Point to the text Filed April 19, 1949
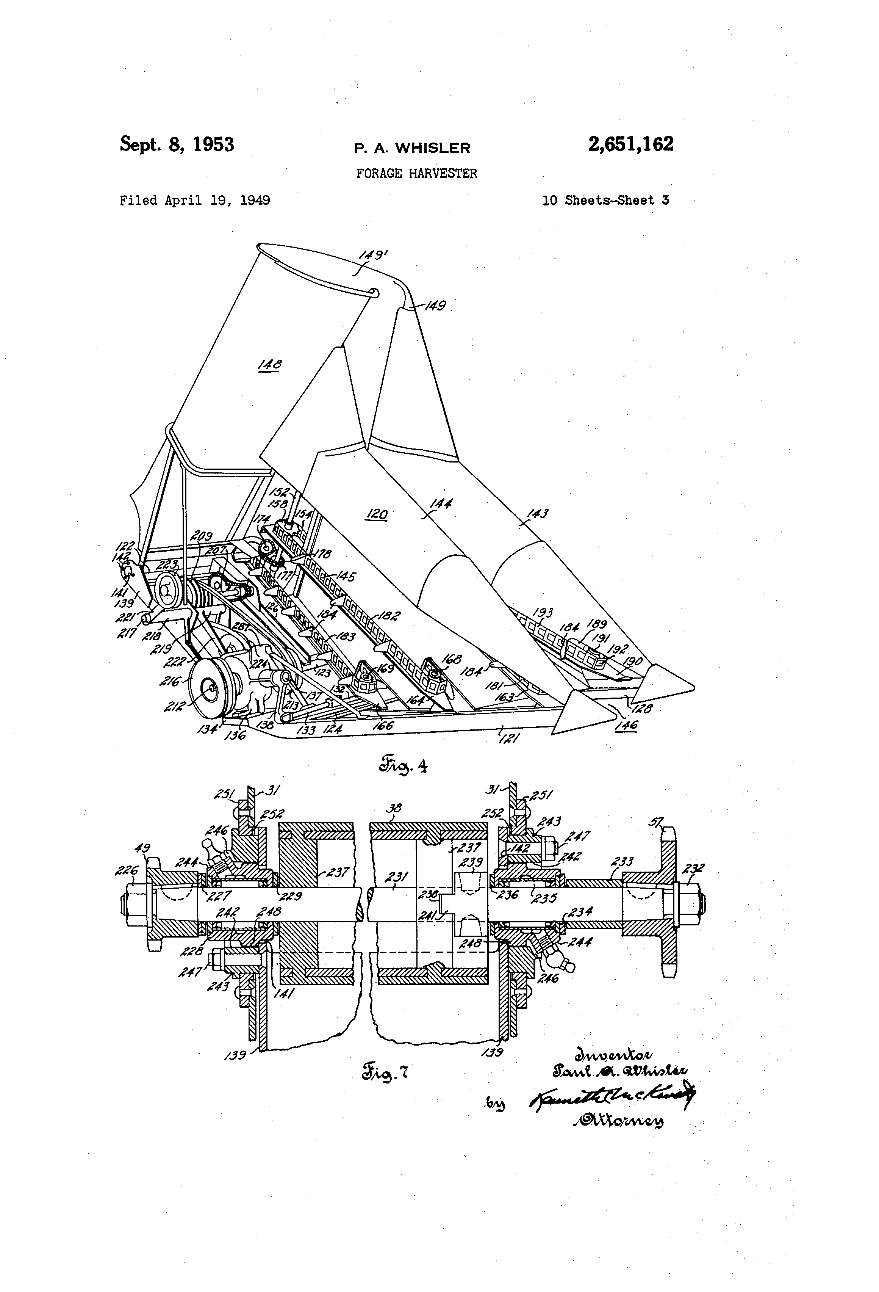pyautogui.click(x=195, y=201)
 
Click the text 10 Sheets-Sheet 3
pyautogui.click(x=605, y=201)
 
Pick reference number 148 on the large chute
pyautogui.click(x=270, y=365)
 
